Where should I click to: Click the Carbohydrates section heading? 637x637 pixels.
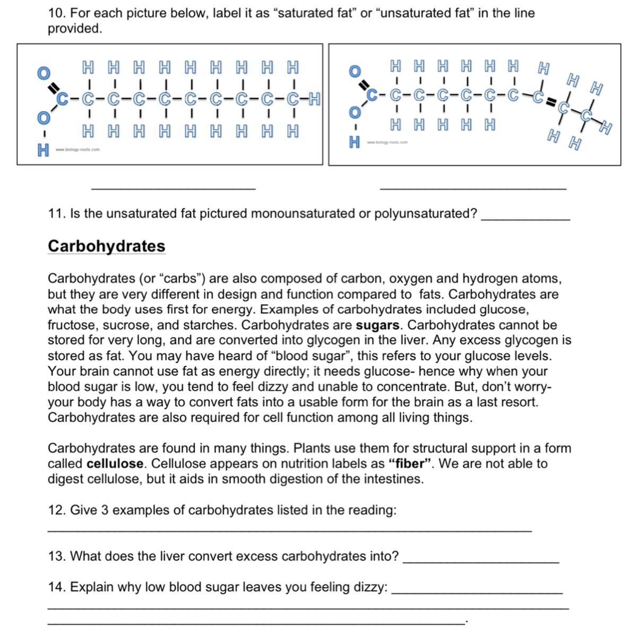(106, 246)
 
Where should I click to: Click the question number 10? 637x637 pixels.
(56, 13)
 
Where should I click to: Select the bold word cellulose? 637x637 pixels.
(115, 464)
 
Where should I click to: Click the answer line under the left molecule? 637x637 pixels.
(174, 187)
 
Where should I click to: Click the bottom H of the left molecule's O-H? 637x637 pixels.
(42, 151)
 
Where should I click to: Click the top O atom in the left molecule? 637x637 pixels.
(44, 72)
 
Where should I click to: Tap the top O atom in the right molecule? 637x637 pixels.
(354, 71)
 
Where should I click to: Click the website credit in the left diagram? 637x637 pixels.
(77, 150)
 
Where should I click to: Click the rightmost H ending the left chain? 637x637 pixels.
(314, 99)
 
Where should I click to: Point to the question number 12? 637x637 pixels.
(56, 511)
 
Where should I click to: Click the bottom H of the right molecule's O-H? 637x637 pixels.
(355, 142)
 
